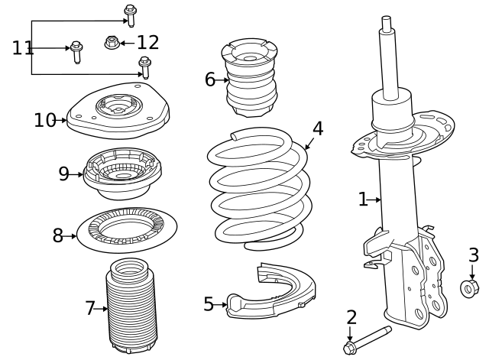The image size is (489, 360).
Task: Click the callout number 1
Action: (x=362, y=199)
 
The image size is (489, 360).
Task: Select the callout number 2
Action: (x=351, y=317)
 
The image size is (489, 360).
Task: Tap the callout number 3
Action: (x=474, y=255)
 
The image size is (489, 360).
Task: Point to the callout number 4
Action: (x=317, y=128)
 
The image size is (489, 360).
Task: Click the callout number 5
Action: (x=209, y=304)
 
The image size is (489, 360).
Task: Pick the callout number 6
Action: (x=209, y=79)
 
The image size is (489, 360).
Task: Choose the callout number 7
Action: (x=89, y=308)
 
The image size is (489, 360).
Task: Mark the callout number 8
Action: (x=58, y=235)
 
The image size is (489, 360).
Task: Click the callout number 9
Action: (x=64, y=174)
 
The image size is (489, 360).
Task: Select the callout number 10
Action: (x=45, y=120)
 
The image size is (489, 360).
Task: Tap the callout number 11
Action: (x=23, y=48)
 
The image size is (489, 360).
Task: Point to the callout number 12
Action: (x=147, y=43)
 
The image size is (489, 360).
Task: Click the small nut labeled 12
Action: (x=112, y=42)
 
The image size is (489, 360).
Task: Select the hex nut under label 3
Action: (x=470, y=288)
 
